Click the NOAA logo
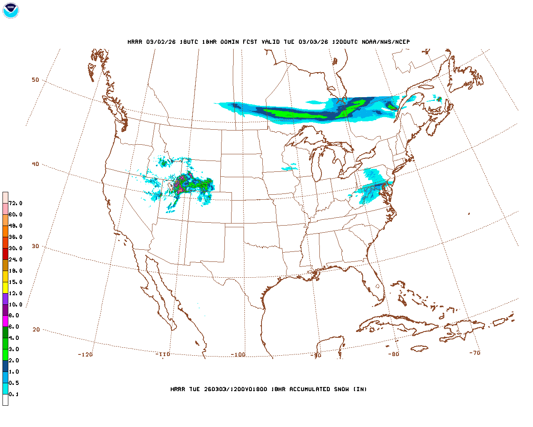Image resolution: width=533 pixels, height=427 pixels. [10, 10]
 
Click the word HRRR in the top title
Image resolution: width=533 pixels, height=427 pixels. [135, 42]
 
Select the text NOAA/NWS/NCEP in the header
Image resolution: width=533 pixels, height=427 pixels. [386, 42]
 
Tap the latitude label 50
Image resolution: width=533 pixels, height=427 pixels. [35, 80]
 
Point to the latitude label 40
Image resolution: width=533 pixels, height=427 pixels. [35, 164]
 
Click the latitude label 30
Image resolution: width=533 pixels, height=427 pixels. [35, 246]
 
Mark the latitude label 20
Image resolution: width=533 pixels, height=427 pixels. [36, 329]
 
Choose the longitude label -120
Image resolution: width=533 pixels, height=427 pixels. [85, 354]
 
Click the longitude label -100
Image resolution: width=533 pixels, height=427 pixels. [238, 354]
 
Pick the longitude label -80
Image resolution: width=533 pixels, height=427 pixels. [394, 354]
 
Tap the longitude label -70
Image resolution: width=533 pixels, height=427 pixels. [475, 353]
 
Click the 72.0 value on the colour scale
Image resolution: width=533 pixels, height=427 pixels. [15, 203]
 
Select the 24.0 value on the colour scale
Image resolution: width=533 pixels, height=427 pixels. [15, 259]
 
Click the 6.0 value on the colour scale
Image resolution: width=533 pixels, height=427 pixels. [14, 327]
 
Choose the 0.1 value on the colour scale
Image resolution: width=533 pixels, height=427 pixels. [14, 394]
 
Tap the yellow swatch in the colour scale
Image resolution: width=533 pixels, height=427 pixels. [5, 288]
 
